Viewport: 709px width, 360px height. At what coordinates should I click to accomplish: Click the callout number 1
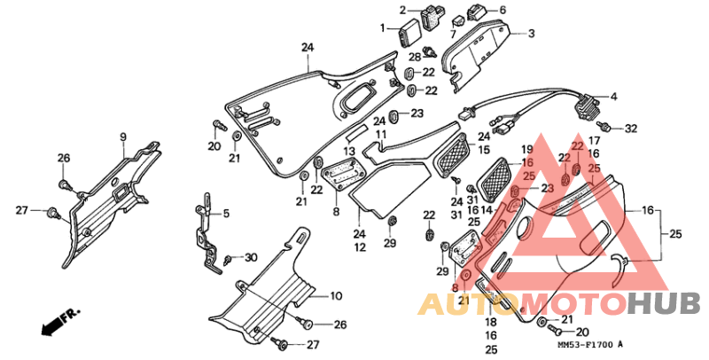(x=383, y=28)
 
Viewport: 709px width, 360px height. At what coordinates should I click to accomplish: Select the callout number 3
(x=531, y=34)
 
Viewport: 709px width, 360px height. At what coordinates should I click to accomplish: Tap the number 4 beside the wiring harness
(x=613, y=97)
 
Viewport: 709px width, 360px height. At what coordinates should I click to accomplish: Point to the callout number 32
(x=631, y=129)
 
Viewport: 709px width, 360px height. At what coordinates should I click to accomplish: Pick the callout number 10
(x=336, y=297)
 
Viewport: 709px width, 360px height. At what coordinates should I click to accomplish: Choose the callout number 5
(x=226, y=213)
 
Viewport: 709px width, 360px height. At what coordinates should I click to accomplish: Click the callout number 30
(x=251, y=258)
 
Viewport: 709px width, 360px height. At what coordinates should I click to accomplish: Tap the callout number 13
(x=349, y=151)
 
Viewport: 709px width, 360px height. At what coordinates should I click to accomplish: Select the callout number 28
(x=415, y=57)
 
